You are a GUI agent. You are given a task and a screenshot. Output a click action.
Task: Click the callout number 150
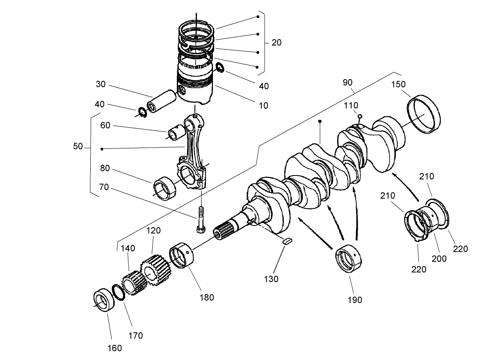point(398,84)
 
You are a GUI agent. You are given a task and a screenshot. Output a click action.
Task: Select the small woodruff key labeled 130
point(287,241)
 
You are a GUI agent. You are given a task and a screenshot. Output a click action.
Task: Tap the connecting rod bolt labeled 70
point(201,219)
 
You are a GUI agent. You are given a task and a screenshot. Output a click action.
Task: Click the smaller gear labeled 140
point(134,283)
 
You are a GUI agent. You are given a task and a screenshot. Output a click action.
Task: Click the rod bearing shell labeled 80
point(165,186)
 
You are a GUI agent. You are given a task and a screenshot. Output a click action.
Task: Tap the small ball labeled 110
point(360,116)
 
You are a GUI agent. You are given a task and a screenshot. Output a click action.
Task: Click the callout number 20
point(277,42)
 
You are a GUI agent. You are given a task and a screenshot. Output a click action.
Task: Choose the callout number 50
point(78,146)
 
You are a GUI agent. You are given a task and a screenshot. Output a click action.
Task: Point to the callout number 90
point(347,82)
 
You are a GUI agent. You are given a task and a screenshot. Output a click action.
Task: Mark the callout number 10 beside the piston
point(263,105)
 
